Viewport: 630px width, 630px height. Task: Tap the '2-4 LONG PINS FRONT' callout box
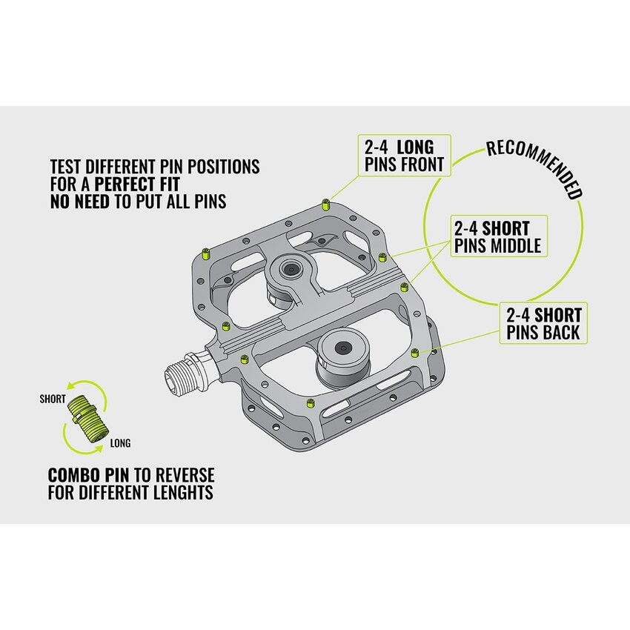405,156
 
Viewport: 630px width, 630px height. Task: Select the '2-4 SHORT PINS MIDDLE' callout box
499,236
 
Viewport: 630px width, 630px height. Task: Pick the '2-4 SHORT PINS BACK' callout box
543,323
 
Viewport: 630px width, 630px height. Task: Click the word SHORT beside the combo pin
52,399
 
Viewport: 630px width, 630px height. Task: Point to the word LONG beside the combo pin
120,443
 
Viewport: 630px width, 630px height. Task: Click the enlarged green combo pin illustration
87,419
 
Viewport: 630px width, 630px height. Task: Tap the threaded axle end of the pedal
184,374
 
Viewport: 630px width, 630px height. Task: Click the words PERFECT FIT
136,184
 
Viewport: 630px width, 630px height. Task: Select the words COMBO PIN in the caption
88,475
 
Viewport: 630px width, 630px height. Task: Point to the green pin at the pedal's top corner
326,205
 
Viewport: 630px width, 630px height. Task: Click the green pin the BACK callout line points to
415,353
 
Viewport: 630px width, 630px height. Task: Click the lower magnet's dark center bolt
342,348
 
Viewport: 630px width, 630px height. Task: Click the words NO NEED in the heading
80,202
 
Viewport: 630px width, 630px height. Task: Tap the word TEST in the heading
66,167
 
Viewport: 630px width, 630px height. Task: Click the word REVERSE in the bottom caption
185,475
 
